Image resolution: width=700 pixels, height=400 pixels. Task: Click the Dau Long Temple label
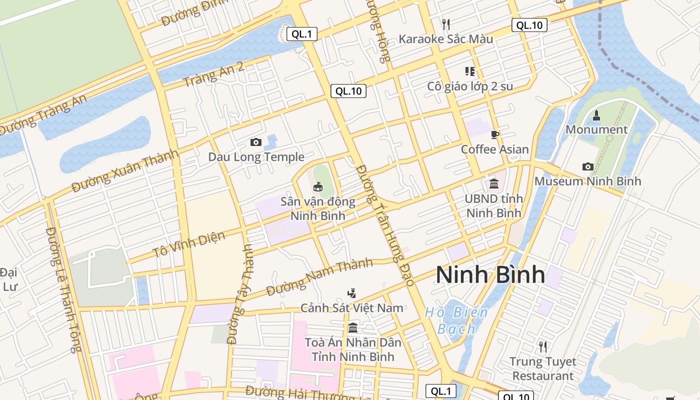click(x=256, y=157)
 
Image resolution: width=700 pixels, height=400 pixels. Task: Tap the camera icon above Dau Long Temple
click(x=256, y=142)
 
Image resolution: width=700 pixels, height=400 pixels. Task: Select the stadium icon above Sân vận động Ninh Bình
click(x=317, y=187)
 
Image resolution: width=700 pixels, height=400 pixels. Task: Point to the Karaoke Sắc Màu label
click(x=445, y=39)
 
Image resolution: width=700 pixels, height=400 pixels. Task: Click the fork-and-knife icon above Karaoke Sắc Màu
click(x=446, y=24)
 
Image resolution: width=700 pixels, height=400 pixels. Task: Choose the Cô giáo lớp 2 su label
click(x=470, y=86)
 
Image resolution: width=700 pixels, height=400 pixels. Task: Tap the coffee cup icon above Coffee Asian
click(x=495, y=134)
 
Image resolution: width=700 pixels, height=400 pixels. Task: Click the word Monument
click(x=596, y=129)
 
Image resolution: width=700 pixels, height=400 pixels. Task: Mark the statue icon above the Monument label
click(x=596, y=115)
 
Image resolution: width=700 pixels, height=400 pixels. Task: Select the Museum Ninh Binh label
click(x=587, y=181)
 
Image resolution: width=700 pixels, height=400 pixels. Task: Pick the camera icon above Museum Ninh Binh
click(x=587, y=166)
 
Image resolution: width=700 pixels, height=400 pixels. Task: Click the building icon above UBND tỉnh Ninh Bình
click(x=494, y=184)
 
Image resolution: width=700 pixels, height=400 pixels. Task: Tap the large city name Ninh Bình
click(x=490, y=275)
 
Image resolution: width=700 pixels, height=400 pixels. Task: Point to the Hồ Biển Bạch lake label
click(x=456, y=320)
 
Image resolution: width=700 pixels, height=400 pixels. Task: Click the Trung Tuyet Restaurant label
click(x=542, y=368)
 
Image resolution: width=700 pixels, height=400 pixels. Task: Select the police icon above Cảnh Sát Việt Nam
click(x=352, y=293)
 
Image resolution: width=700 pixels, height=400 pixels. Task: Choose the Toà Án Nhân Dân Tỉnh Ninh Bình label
click(x=353, y=349)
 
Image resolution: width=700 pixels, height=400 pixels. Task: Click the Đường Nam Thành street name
click(x=319, y=277)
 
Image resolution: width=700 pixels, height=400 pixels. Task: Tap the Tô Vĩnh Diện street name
click(x=189, y=244)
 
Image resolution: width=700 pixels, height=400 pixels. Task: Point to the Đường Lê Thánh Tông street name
click(x=63, y=290)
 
